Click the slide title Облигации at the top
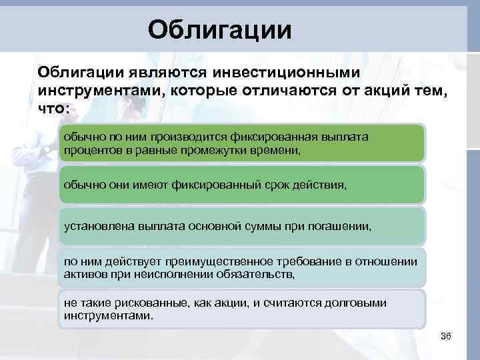(x=219, y=29)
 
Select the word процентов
(x=89, y=151)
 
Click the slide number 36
(x=446, y=336)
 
